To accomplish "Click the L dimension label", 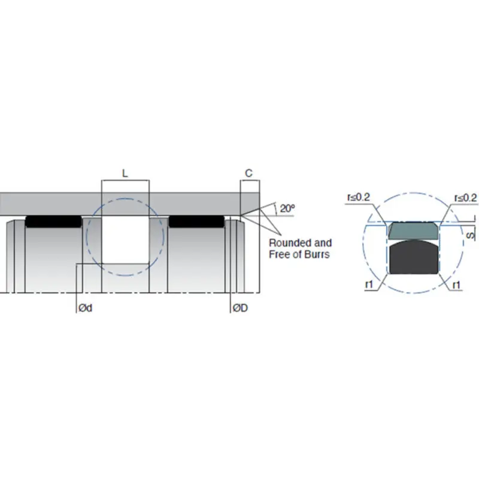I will [125, 174].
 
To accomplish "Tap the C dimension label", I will [249, 174].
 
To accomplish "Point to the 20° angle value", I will [287, 208].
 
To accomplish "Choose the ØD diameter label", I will [241, 308].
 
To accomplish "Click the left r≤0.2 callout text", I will [358, 197].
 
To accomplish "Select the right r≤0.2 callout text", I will [466, 197].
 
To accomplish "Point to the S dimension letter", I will [470, 235].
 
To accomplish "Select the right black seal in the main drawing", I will [196, 222].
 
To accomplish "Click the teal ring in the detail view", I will [413, 230].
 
